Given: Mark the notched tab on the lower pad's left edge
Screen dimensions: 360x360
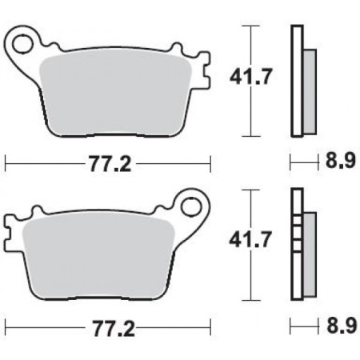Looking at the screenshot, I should click(x=10, y=233).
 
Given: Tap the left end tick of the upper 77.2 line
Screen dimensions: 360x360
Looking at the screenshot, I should click(x=6, y=165).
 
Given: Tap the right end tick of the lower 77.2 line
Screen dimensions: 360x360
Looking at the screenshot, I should click(x=211, y=328).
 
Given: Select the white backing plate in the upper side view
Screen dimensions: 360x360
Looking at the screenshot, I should click(x=298, y=80).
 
